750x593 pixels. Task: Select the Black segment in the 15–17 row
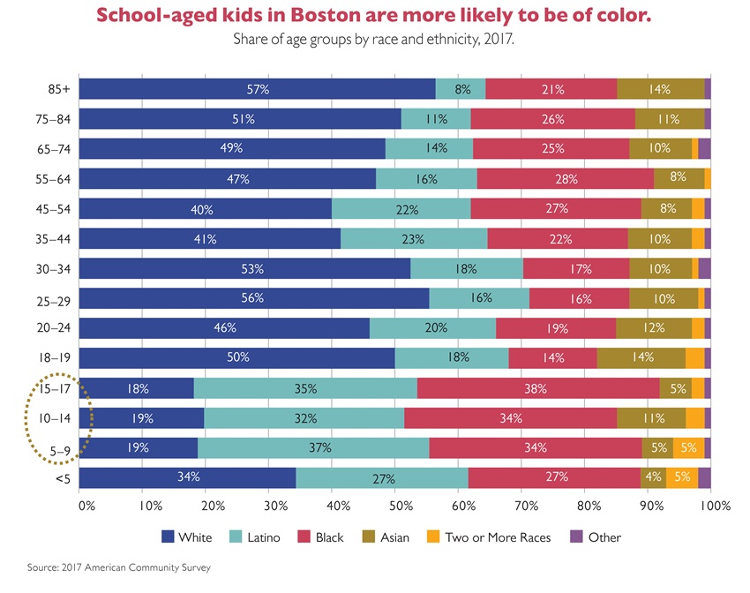click(x=538, y=387)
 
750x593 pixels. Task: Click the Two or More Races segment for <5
click(x=682, y=477)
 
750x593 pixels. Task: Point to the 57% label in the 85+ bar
click(x=258, y=88)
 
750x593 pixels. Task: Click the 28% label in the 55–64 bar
click(x=566, y=178)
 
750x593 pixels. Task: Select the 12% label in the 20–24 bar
click(x=654, y=327)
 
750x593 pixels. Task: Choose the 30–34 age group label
click(x=60, y=268)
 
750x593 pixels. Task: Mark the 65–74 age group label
click(x=60, y=148)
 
